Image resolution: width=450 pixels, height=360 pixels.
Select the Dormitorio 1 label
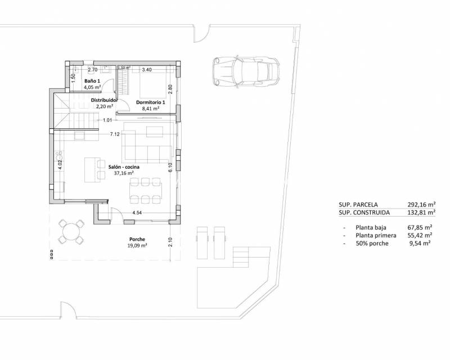(151, 102)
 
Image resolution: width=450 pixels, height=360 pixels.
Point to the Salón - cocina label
(124, 167)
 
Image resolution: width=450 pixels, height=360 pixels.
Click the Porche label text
(137, 239)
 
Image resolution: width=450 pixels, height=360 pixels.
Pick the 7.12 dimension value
(115, 134)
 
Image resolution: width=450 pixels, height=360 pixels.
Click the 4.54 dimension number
(137, 213)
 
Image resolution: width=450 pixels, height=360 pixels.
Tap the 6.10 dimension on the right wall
(170, 166)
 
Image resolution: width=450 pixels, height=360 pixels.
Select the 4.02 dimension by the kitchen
(59, 165)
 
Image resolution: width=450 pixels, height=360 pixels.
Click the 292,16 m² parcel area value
(422, 205)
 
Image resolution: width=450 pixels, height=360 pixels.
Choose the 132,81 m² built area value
(422, 213)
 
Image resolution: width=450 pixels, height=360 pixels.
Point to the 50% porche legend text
(372, 243)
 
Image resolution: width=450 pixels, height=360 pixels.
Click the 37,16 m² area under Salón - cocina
(124, 174)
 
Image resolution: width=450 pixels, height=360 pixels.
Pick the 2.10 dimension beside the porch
(170, 242)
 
